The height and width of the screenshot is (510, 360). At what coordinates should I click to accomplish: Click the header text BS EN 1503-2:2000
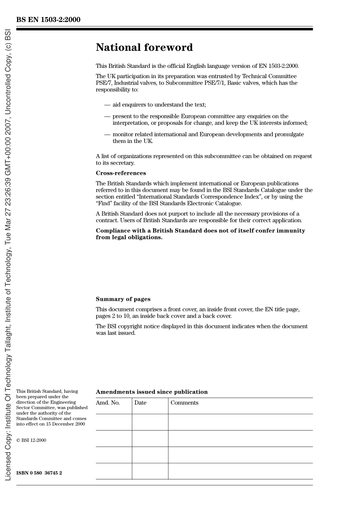tap(48, 20)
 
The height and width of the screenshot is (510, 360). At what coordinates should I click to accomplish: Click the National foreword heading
tap(144, 47)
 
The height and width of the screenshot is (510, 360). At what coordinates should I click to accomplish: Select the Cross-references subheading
tap(121, 173)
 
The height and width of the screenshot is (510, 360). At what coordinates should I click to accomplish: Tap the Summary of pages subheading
tap(123, 299)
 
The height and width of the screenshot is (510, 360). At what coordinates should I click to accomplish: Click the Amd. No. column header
tap(108, 403)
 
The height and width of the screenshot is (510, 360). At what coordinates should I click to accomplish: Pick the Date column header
tap(140, 403)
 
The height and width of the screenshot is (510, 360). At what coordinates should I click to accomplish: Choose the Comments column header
tap(184, 403)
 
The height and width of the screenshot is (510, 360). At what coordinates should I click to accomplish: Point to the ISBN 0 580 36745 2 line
tap(39, 473)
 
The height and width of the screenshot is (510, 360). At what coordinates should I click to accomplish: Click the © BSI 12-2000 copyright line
tap(31, 440)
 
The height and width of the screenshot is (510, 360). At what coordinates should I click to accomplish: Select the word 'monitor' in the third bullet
tap(122, 134)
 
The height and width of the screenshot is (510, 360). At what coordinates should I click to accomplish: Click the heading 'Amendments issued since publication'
tap(152, 392)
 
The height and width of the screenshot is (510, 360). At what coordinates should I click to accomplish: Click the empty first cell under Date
tap(150, 422)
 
